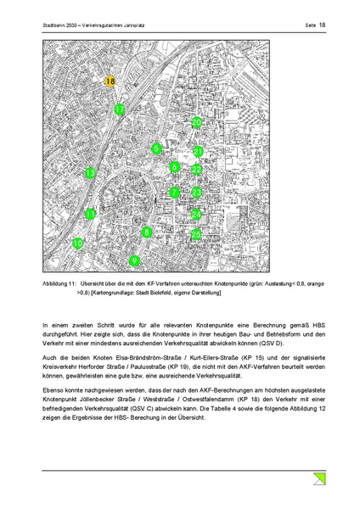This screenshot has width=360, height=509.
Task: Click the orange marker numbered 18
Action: (x=110, y=81)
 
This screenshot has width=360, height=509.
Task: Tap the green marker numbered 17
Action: (x=120, y=109)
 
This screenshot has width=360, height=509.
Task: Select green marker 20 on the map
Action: (x=196, y=123)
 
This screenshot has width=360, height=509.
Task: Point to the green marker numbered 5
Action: (x=156, y=149)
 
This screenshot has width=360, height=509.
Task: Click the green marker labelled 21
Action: (x=198, y=152)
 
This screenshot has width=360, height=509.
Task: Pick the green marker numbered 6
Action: (x=174, y=167)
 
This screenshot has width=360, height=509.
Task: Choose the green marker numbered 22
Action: (x=196, y=170)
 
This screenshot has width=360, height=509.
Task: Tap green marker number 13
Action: (x=90, y=174)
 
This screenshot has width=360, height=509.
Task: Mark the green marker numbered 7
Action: (x=173, y=193)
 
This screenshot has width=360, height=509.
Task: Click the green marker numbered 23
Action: (x=196, y=193)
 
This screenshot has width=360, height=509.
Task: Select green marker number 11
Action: (x=90, y=215)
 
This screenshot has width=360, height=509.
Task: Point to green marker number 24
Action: (x=196, y=215)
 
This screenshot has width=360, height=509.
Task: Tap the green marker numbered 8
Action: (x=147, y=232)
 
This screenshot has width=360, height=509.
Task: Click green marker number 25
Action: (x=196, y=234)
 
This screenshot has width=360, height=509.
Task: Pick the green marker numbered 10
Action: (x=78, y=243)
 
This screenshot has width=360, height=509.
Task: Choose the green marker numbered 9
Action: (x=134, y=260)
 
